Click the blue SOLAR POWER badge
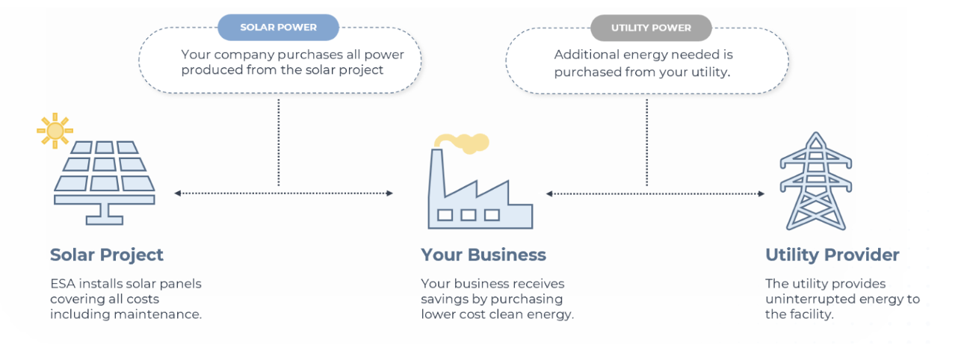pyautogui.click(x=279, y=28)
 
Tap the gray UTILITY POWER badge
pyautogui.click(x=651, y=28)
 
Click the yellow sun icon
pyautogui.click(x=55, y=131)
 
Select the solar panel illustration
pyautogui.click(x=105, y=183)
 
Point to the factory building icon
pyautogui.click(x=480, y=189)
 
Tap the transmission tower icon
pyautogui.click(x=815, y=181)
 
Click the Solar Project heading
pyautogui.click(x=107, y=255)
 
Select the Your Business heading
pyautogui.click(x=483, y=255)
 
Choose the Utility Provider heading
pyautogui.click(x=832, y=255)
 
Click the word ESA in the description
pyautogui.click(x=63, y=284)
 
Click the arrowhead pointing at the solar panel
pyautogui.click(x=178, y=193)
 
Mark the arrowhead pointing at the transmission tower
pyautogui.click(x=761, y=193)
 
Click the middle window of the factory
pyautogui.click(x=469, y=214)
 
